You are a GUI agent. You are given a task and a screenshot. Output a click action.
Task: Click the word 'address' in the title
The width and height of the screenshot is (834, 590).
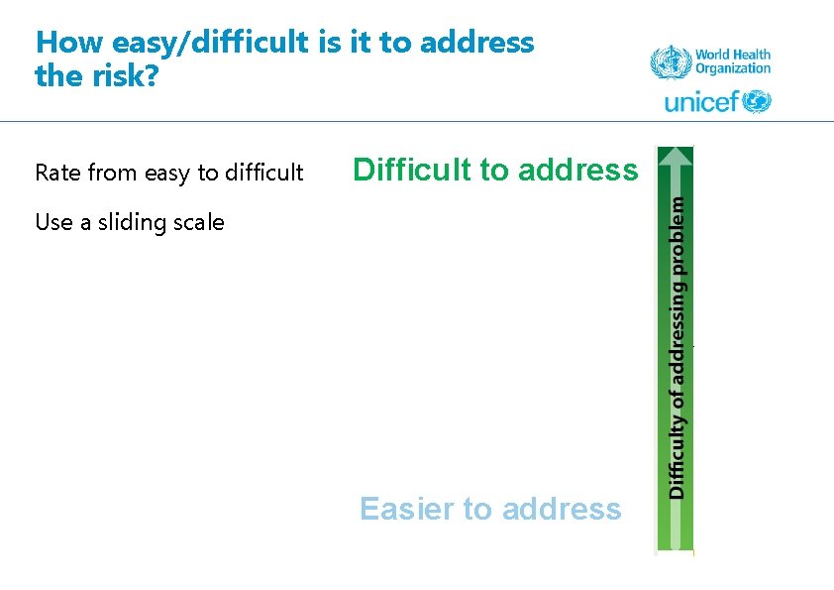click(476, 43)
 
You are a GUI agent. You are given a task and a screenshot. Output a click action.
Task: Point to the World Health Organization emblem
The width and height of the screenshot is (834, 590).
click(670, 62)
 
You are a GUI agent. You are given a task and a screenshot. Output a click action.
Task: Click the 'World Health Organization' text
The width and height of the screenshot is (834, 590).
click(732, 62)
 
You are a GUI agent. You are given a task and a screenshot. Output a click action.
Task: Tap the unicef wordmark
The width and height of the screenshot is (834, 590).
click(701, 101)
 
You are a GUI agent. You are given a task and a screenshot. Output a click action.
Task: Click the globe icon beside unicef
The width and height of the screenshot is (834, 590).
click(757, 101)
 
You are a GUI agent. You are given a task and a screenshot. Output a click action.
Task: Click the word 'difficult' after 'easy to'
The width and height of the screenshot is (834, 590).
click(261, 173)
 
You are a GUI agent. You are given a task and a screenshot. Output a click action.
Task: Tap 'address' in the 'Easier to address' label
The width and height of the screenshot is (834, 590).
click(561, 509)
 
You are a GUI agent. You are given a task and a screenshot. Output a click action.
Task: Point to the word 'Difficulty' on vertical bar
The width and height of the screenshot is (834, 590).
click(677, 458)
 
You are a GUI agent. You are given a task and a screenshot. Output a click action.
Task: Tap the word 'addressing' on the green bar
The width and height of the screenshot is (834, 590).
click(677, 326)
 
